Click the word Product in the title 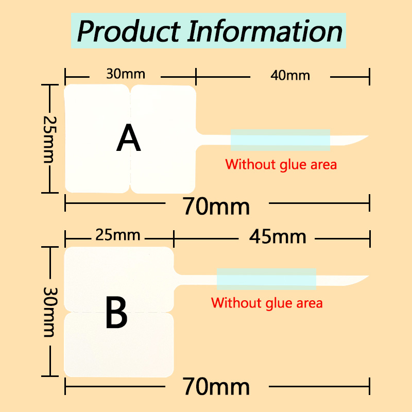128,31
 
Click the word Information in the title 265,31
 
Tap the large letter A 128,138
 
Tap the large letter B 116,312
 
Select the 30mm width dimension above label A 126,74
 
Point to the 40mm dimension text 290,75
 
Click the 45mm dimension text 278,237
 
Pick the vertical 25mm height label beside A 49,140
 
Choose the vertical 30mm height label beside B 49,312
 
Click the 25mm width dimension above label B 118,235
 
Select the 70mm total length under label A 216,207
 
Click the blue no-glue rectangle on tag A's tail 280,140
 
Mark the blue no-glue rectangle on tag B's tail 266,279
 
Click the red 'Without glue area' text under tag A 281,165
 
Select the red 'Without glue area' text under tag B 267,303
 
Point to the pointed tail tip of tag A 368,136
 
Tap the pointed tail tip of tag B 369,276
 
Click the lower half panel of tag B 119,345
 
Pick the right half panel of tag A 163,139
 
